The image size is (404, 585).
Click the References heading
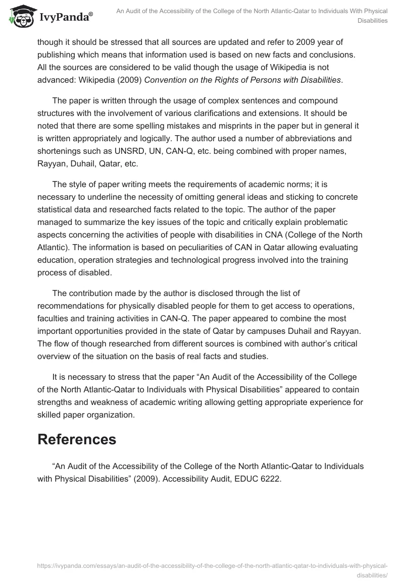(77, 439)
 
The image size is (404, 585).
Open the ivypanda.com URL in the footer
(212, 566)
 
